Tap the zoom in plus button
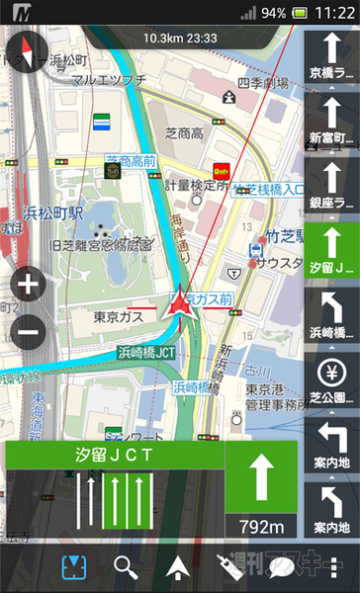(28, 287)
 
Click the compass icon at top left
(26, 54)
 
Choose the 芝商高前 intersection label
(133, 160)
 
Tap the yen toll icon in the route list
(330, 375)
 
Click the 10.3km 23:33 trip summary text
(179, 38)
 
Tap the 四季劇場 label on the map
(259, 83)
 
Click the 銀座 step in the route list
(330, 186)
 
